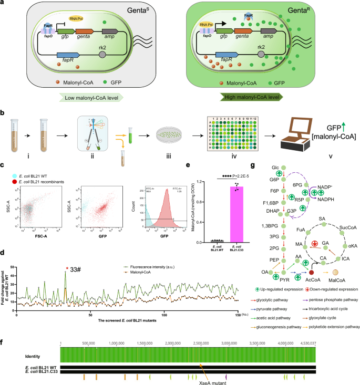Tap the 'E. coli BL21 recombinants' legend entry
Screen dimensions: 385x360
tap(47, 182)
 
